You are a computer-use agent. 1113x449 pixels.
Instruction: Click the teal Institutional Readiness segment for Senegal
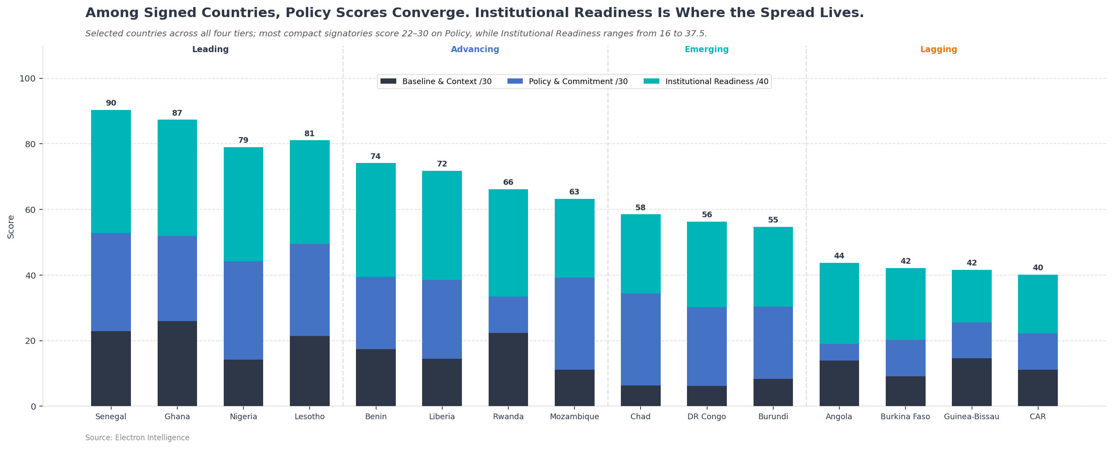pyautogui.click(x=111, y=171)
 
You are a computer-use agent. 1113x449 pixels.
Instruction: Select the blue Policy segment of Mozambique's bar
pyautogui.click(x=574, y=324)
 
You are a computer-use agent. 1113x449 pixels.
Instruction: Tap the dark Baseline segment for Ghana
pyautogui.click(x=177, y=364)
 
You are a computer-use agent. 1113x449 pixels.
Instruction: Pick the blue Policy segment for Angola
pyautogui.click(x=839, y=352)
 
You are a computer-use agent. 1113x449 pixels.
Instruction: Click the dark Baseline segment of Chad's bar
pyautogui.click(x=640, y=396)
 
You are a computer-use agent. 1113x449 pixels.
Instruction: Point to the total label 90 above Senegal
pyautogui.click(x=111, y=103)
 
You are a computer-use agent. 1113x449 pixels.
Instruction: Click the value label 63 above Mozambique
pyautogui.click(x=574, y=192)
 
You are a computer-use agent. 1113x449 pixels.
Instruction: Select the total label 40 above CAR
pyautogui.click(x=1037, y=268)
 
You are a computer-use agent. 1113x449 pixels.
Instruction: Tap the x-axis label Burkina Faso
pyautogui.click(x=905, y=417)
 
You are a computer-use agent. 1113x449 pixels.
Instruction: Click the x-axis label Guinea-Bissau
pyautogui.click(x=971, y=417)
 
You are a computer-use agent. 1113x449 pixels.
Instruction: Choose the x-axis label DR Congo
pyautogui.click(x=706, y=417)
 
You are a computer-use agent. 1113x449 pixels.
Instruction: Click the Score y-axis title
pyautogui.click(x=11, y=226)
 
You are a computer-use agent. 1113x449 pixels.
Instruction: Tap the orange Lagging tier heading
pyautogui.click(x=938, y=50)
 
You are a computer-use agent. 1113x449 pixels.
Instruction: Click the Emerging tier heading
pyautogui.click(x=706, y=50)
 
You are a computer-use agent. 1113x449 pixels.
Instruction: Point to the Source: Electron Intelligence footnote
pyautogui.click(x=137, y=438)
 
